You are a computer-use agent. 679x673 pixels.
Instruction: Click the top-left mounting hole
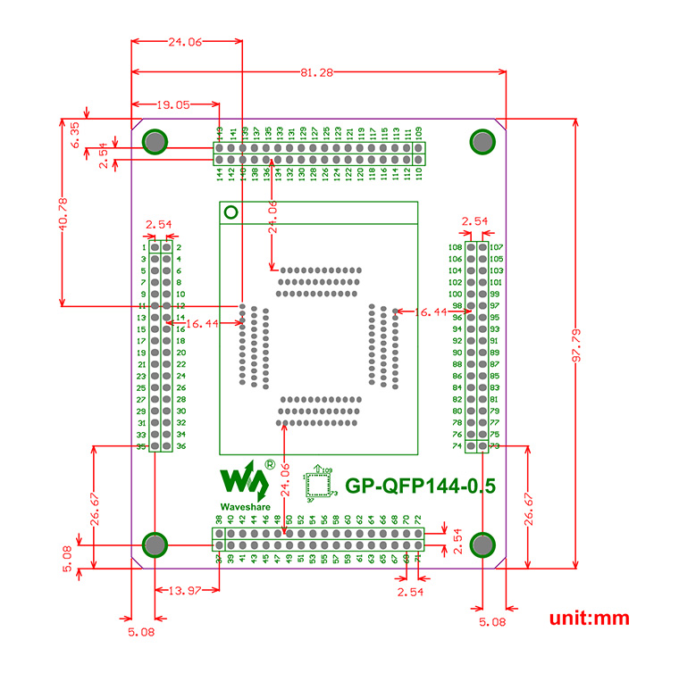[x=155, y=141]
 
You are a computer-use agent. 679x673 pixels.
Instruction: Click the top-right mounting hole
[x=482, y=141]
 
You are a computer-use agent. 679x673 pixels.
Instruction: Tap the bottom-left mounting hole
[x=155, y=544]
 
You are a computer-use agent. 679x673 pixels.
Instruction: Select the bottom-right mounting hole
[x=482, y=544]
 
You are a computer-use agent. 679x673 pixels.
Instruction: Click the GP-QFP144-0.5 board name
[x=420, y=486]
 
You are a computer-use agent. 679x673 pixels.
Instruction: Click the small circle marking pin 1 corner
[x=231, y=212]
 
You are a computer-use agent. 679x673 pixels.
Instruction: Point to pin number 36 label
[x=180, y=446]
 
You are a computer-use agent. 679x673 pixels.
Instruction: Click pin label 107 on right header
[x=497, y=247]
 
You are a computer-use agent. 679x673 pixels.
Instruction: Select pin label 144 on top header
[x=220, y=173]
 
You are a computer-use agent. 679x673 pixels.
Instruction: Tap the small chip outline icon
[x=317, y=485]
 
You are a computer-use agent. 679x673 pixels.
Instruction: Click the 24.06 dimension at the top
[x=186, y=41]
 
